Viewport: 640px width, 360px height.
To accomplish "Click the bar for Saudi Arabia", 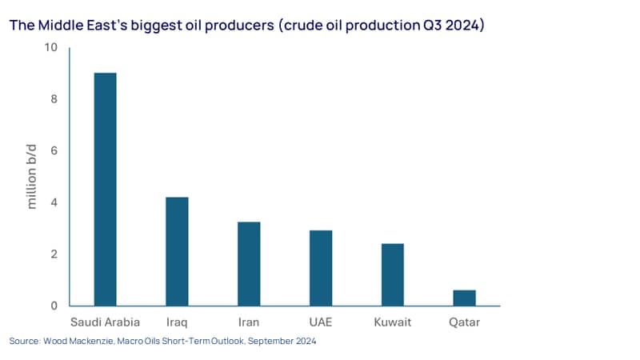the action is [x=106, y=190].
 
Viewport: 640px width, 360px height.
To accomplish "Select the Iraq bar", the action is [x=177, y=251].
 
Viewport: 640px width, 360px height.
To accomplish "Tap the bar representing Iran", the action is [x=249, y=264].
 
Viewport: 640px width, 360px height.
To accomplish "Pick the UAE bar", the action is [x=321, y=268].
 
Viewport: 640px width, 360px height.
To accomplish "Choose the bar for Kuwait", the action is [x=393, y=274].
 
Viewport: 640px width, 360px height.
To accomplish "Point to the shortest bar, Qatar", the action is [x=465, y=298].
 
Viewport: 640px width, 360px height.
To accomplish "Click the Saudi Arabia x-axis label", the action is [x=105, y=322].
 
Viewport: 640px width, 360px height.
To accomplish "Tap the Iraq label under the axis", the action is [x=177, y=322].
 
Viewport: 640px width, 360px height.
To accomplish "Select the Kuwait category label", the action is [x=393, y=322].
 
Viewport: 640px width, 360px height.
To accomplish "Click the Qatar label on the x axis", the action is [x=465, y=322].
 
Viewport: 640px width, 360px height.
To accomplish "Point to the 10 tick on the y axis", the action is [x=51, y=47].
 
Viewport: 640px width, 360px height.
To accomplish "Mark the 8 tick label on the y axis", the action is [x=54, y=98].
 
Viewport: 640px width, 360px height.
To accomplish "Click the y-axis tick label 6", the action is [x=54, y=150].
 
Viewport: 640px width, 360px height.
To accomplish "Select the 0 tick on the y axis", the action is [x=54, y=306].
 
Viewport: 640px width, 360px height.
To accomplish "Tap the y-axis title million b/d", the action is [x=31, y=177].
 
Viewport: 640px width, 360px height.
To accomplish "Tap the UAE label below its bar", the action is [x=321, y=322].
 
